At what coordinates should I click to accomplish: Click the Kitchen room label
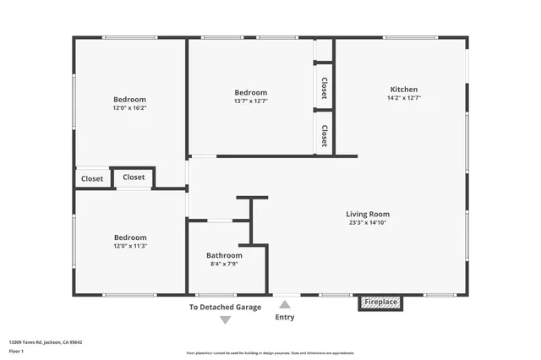tap(403, 90)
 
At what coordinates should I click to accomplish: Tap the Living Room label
tap(368, 214)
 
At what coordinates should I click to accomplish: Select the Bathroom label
tap(224, 255)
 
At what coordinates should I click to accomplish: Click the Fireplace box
tap(380, 303)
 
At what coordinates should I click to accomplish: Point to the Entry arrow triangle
tap(285, 305)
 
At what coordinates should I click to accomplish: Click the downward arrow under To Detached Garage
tap(225, 319)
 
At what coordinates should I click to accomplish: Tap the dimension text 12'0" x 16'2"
tap(130, 108)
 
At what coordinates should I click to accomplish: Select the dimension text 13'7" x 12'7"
tap(251, 101)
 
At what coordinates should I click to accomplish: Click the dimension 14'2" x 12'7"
tap(403, 98)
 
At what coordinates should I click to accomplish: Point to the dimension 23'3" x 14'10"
tap(368, 222)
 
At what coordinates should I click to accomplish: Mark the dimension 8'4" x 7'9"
tap(224, 264)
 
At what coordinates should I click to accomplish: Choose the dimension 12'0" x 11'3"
tap(130, 246)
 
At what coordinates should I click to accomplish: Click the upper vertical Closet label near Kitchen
tap(324, 88)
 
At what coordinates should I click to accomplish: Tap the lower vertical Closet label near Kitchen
tap(324, 135)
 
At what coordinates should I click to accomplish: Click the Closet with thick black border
tap(134, 177)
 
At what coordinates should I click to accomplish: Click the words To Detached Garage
tap(225, 308)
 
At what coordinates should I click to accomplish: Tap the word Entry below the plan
tap(285, 318)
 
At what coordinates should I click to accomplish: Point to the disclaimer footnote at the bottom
tap(270, 353)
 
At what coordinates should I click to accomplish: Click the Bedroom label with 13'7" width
tap(251, 93)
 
